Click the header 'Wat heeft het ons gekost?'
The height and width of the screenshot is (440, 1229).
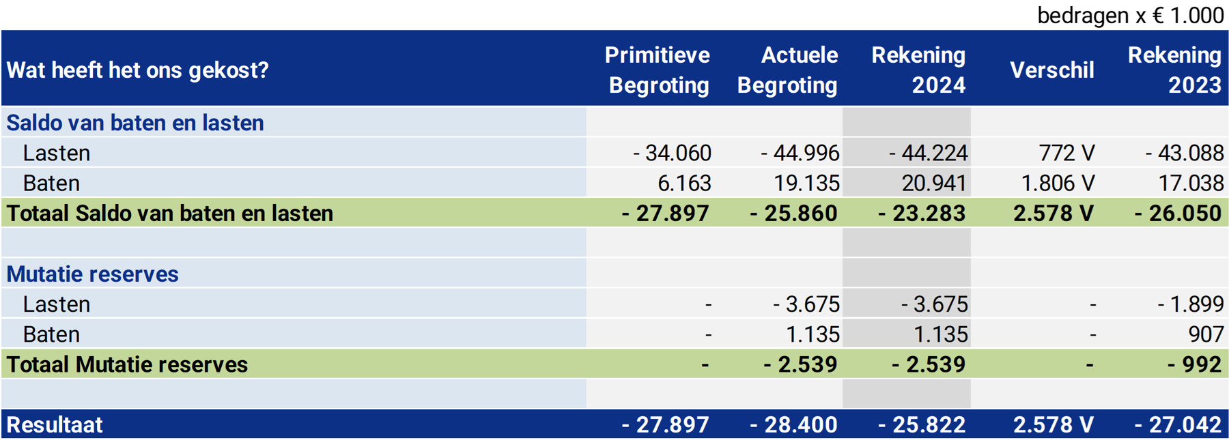(138, 70)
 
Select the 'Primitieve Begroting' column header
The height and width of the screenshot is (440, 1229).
(658, 70)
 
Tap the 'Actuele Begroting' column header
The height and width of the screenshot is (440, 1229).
(787, 70)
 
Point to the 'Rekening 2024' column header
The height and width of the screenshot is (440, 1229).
(918, 70)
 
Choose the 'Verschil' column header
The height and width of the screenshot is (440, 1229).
(1051, 70)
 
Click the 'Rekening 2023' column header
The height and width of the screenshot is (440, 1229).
(1174, 70)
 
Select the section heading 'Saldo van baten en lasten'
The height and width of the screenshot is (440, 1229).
(135, 123)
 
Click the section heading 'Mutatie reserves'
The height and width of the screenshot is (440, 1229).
(92, 274)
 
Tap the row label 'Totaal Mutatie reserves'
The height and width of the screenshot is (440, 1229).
(127, 365)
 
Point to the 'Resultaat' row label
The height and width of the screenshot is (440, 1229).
(55, 425)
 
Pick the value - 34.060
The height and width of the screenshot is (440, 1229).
(672, 153)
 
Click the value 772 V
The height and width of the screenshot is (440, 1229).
(1066, 153)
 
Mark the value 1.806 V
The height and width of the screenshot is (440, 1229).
(1058, 184)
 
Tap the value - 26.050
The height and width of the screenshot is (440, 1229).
(1178, 214)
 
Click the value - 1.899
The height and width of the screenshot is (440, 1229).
(1190, 304)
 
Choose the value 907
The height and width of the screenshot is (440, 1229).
(1206, 334)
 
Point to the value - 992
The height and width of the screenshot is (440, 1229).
(1194, 365)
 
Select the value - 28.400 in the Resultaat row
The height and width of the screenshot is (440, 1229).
(793, 425)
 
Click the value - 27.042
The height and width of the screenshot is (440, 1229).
(1178, 425)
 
